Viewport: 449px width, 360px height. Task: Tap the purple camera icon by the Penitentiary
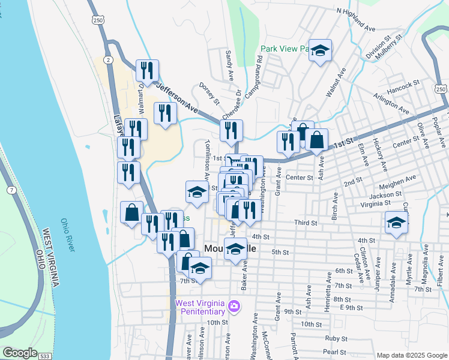click(x=234, y=308)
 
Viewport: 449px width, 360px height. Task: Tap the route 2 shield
click(x=107, y=59)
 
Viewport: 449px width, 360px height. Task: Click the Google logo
click(x=20, y=353)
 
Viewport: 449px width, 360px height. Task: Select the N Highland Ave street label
click(x=356, y=19)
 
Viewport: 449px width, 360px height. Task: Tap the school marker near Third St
click(x=396, y=222)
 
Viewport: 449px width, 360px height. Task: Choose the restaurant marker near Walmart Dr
click(x=146, y=70)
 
